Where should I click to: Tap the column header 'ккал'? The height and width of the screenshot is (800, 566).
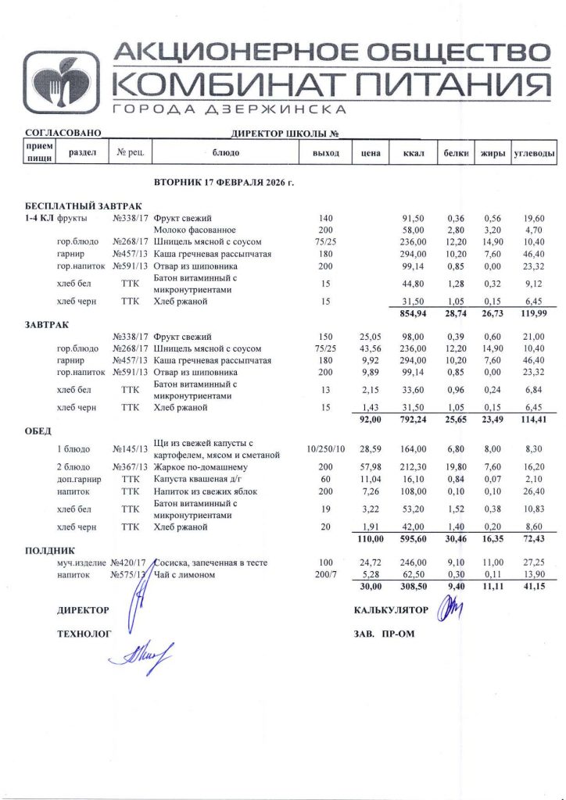[x=413, y=153]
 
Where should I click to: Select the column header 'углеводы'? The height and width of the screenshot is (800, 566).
[x=534, y=153]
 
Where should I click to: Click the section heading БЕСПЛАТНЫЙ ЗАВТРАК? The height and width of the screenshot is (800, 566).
[x=84, y=204]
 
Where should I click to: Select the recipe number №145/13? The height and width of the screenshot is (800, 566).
[x=131, y=449]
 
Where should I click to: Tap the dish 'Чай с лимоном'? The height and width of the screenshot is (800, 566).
[x=186, y=574]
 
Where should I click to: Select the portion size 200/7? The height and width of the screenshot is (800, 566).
[x=325, y=574]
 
